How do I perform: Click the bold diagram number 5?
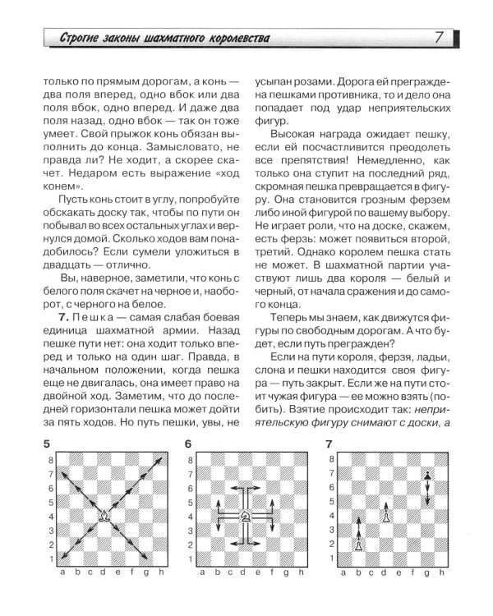point(51,444)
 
